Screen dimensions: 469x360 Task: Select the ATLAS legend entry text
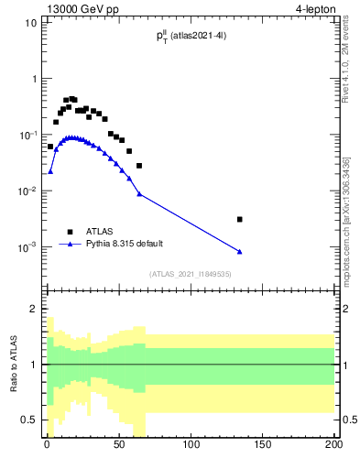(x=100, y=232)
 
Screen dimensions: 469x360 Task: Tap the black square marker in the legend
(x=71, y=232)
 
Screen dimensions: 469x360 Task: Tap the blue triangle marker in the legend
(x=71, y=245)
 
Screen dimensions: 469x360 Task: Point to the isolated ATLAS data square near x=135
(x=239, y=219)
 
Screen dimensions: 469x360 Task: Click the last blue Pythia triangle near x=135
(x=239, y=252)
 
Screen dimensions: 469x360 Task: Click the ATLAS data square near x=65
(x=139, y=166)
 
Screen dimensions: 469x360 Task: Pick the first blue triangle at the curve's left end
(x=50, y=171)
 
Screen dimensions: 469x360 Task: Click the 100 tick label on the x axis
(x=191, y=449)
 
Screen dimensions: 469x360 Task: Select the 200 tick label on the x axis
(x=333, y=449)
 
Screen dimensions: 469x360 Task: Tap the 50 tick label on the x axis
(x=118, y=449)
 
